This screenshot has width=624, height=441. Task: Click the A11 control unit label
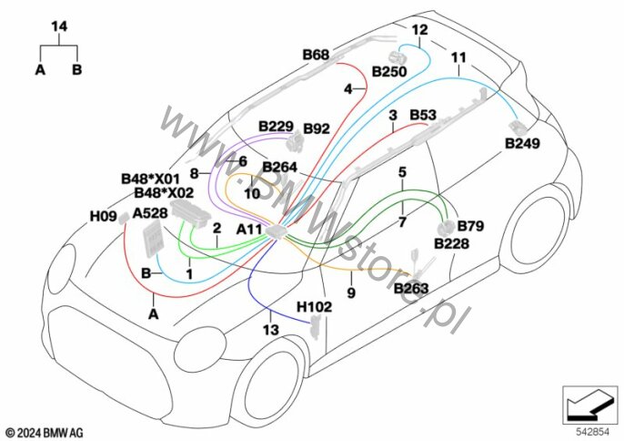point(248,230)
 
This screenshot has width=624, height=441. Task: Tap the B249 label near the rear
point(522,143)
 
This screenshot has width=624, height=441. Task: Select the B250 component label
point(389,72)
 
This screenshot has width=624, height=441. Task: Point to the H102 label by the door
point(314,307)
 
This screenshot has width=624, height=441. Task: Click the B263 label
point(411,288)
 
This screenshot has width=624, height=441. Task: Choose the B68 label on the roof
point(316,55)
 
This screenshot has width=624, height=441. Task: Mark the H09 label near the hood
point(103,217)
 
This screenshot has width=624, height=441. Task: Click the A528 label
point(149,213)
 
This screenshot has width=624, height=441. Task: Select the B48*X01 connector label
point(150,179)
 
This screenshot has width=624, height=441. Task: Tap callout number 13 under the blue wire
point(271,330)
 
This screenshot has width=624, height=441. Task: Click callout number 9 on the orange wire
point(351,293)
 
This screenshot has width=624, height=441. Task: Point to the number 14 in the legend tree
point(59,27)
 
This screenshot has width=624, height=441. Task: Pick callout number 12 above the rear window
point(419,30)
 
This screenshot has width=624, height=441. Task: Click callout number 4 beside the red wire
point(348,89)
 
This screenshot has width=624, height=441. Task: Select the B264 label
point(280,167)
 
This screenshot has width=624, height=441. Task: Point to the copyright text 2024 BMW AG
point(45,433)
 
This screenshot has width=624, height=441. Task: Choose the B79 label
point(470,226)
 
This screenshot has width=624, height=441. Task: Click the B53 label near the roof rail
point(423,115)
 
